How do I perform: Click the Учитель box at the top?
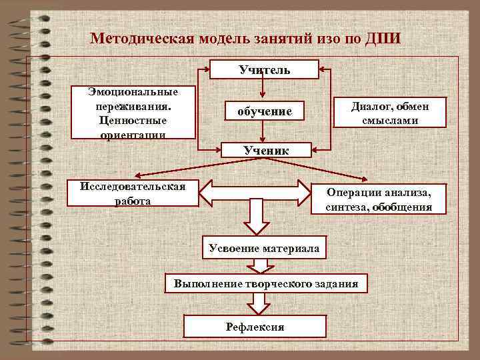coord(265,69)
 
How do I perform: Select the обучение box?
coord(265,111)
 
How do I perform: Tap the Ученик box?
coord(265,151)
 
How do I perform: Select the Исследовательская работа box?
coord(132,193)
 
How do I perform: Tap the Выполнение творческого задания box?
coord(265,284)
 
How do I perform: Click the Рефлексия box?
coord(255,326)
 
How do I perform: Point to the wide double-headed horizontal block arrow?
coord(256,192)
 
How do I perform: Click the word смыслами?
coord(391,121)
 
